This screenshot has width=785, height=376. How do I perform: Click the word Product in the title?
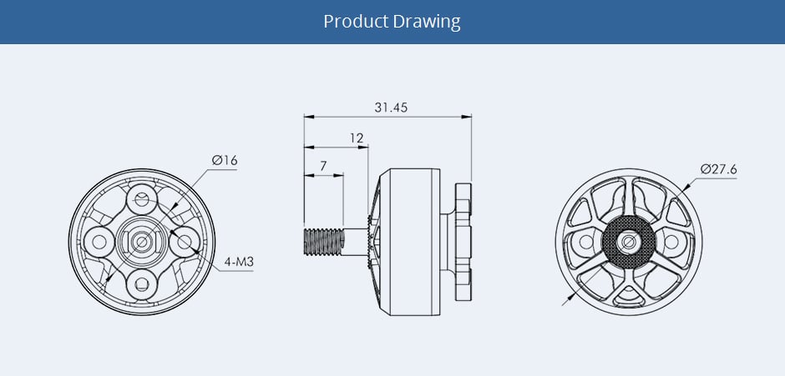pos(356,21)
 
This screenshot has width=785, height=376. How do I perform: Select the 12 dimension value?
pos(357,138)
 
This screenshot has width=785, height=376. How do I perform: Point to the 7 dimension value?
pos(323,167)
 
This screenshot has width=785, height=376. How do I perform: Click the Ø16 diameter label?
pos(224,159)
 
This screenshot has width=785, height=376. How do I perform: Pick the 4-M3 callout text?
pos(238,263)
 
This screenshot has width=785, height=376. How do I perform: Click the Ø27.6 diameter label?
pos(719,169)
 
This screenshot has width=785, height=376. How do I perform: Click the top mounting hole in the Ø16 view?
pos(142,200)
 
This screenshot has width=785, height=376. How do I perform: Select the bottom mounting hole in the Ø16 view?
pos(142,283)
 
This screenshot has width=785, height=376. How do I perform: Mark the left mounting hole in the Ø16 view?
pos(100,242)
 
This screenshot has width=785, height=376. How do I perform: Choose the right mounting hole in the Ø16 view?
pos(183,242)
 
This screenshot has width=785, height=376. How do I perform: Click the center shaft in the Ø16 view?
pos(142,242)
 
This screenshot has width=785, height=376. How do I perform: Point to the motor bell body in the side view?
pos(409,242)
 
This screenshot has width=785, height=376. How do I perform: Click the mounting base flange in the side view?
pos(463,242)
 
